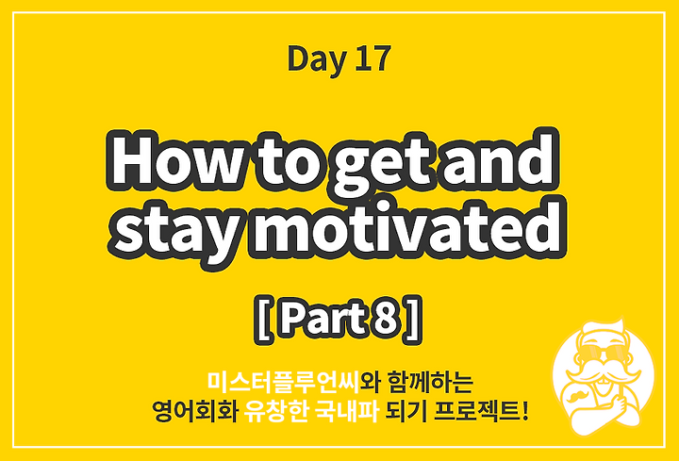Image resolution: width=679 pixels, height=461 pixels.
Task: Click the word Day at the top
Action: (317, 59)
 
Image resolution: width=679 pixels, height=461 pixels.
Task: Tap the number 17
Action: (373, 58)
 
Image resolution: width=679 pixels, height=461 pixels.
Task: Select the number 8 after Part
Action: (384, 320)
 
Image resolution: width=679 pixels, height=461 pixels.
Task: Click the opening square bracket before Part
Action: (263, 320)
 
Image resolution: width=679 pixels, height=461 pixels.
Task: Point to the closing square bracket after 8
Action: (413, 320)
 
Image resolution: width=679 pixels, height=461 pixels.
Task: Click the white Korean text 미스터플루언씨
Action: (282, 382)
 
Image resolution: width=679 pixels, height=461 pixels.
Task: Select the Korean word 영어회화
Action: (195, 412)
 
